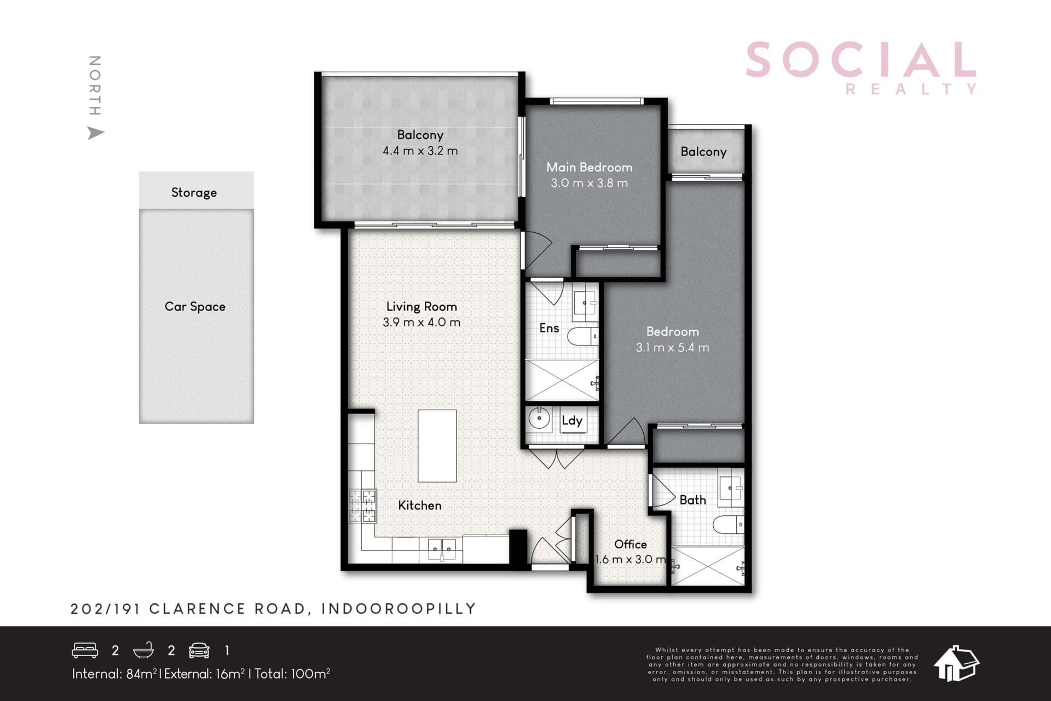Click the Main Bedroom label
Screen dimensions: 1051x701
click(x=589, y=167)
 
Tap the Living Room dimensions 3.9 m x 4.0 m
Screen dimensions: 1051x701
click(x=421, y=323)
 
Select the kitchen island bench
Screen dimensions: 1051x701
click(x=437, y=446)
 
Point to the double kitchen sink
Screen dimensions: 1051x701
click(x=441, y=549)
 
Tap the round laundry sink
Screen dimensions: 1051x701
click(x=539, y=420)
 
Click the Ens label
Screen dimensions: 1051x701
click(x=549, y=328)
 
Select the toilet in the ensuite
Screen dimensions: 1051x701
click(x=582, y=336)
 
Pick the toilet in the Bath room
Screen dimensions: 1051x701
click(x=728, y=524)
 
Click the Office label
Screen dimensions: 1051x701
click(x=631, y=544)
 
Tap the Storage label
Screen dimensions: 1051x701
click(x=194, y=193)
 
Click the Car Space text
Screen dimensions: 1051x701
click(x=195, y=307)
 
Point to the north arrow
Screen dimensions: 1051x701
click(x=95, y=133)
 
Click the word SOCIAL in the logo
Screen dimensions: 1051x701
click(x=861, y=60)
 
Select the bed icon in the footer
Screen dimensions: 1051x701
click(x=85, y=650)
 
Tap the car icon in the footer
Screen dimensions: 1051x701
click(x=199, y=650)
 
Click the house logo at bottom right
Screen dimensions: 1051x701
click(x=956, y=663)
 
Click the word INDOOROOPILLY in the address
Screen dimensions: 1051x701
click(x=399, y=609)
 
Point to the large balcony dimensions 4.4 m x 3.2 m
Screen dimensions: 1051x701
click(x=420, y=151)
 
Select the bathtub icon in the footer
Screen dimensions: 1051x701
click(x=143, y=650)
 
